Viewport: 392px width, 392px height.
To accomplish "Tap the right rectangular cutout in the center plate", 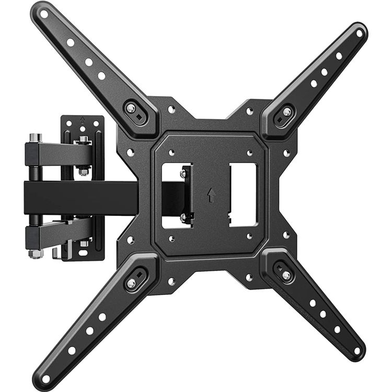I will [243, 194].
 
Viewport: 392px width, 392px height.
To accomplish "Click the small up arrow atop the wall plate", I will [83, 120].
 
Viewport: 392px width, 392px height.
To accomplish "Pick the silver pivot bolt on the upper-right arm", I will [286, 111].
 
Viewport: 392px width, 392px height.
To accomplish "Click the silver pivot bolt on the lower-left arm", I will [131, 282].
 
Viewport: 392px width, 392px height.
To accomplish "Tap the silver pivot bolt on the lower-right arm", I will [285, 274].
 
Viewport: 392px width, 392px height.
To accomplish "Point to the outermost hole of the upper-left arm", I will [44, 14].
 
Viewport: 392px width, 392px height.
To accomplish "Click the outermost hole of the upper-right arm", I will [359, 33].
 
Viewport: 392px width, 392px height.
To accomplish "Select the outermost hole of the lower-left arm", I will [46, 377].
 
